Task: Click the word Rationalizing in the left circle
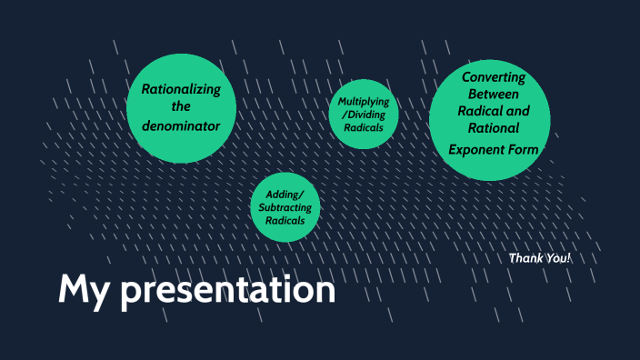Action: point(181,88)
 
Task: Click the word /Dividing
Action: point(363,115)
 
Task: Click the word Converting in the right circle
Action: point(493,77)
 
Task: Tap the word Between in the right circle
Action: point(493,95)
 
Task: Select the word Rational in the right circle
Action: point(493,128)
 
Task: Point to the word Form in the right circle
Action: point(524,149)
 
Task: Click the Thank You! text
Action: point(539,258)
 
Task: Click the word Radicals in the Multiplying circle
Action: point(363,128)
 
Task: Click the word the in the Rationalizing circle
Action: point(181,106)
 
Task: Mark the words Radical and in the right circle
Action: point(493,111)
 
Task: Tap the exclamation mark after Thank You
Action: point(569,258)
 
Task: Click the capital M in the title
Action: point(74,288)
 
